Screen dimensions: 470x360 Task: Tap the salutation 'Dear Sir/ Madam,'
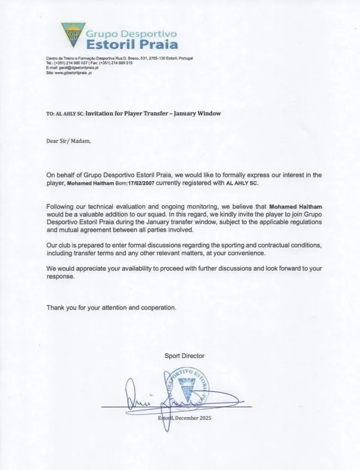coord(68,141)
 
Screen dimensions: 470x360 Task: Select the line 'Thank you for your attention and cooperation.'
coord(112,308)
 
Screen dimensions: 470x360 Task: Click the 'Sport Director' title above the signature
coord(184,355)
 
